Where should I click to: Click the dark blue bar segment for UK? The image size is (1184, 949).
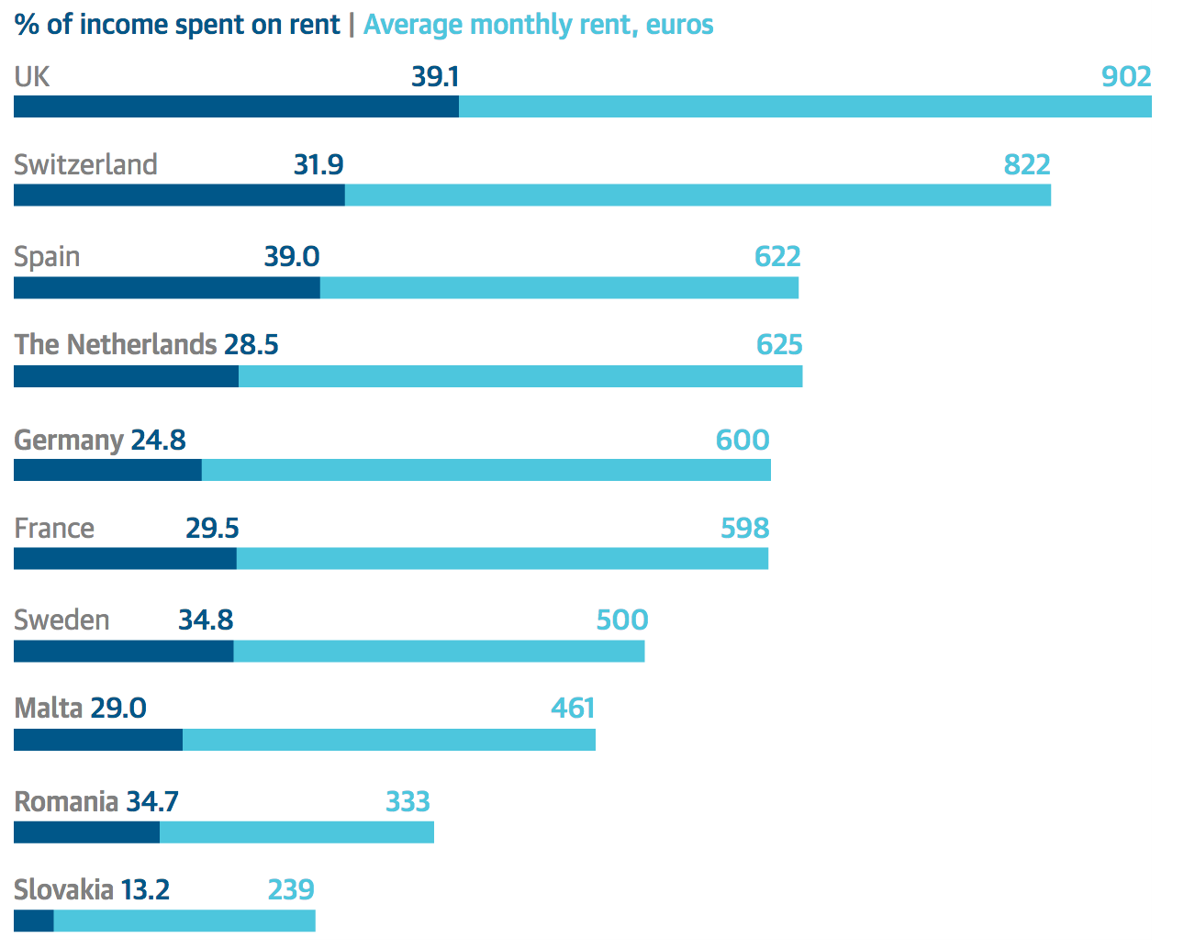(x=236, y=106)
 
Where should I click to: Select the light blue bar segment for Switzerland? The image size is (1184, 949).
(x=698, y=195)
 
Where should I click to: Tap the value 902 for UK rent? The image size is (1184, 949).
(x=1126, y=76)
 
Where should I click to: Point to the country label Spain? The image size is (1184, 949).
(x=47, y=257)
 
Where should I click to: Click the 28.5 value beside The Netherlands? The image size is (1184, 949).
(x=251, y=345)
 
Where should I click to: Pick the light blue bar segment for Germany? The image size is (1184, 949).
(x=486, y=470)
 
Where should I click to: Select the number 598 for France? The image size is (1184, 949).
(x=744, y=529)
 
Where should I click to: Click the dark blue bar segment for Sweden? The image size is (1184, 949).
(x=123, y=651)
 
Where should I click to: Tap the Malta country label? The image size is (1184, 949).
(x=49, y=709)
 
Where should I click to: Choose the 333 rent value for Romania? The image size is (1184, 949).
(x=408, y=802)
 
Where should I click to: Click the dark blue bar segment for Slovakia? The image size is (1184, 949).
(x=34, y=921)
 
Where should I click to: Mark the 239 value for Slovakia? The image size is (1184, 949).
(x=291, y=890)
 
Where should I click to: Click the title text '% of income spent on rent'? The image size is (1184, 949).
(x=177, y=25)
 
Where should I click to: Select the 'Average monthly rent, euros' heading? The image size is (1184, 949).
(x=538, y=25)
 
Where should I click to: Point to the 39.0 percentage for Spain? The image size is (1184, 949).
(x=292, y=257)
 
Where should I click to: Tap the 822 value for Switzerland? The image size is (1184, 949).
(x=1026, y=165)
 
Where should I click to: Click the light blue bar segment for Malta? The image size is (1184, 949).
(x=388, y=740)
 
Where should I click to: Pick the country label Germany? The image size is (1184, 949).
(x=69, y=441)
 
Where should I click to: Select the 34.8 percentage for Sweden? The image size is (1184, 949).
(x=206, y=620)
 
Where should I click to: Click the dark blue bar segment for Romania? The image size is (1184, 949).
(x=86, y=832)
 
